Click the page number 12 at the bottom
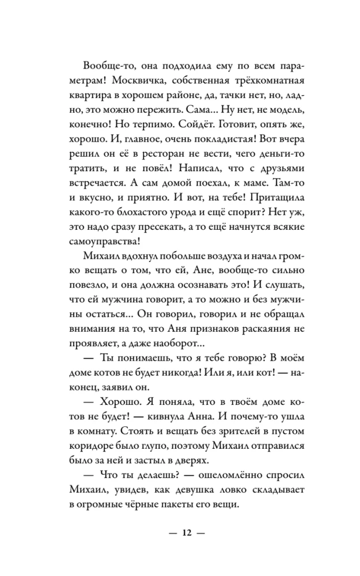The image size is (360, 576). click(185, 532)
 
